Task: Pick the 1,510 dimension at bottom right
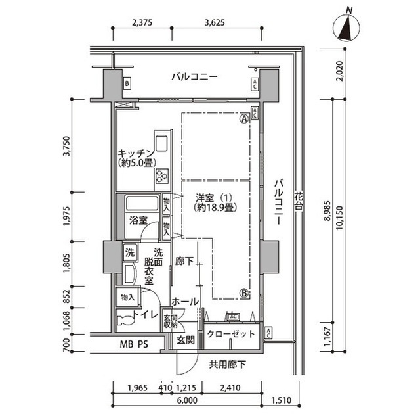(282, 398)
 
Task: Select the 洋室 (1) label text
(215, 197)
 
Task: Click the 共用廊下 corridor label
(228, 363)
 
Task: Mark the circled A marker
(243, 120)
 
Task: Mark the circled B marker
(243, 293)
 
